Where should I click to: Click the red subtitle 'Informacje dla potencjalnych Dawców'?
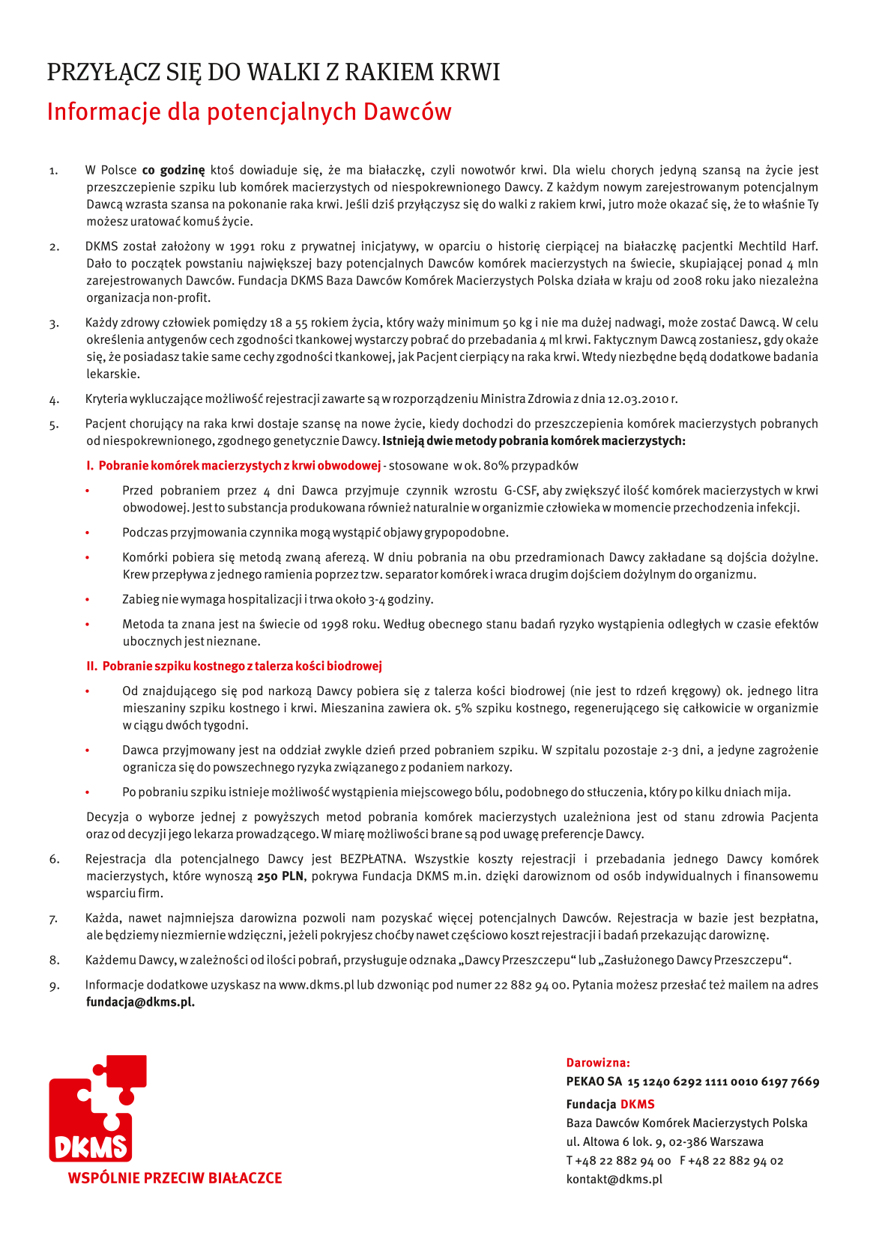pyautogui.click(x=249, y=112)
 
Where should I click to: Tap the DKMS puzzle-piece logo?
pyautogui.click(x=97, y=1109)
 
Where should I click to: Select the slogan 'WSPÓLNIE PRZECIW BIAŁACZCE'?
pyautogui.click(x=175, y=1178)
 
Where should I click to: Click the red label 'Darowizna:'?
pyautogui.click(x=598, y=1063)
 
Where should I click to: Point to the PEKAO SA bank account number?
pyautogui.click(x=723, y=1081)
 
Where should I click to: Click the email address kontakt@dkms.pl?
pyautogui.click(x=614, y=1179)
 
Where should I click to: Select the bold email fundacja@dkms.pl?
pyautogui.click(x=140, y=1002)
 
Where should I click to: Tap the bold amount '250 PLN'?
pyautogui.click(x=280, y=876)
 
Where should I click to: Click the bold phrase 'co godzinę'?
pyautogui.click(x=173, y=170)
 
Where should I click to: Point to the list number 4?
pyautogui.click(x=54, y=399)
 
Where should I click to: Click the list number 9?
pyautogui.click(x=54, y=986)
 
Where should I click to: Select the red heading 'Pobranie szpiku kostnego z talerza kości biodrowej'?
pyautogui.click(x=242, y=666)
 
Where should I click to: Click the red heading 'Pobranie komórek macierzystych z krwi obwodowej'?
pyautogui.click(x=240, y=466)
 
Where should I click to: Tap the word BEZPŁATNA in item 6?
pyautogui.click(x=372, y=859)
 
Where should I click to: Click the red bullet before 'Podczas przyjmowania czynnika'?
pyautogui.click(x=88, y=533)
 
